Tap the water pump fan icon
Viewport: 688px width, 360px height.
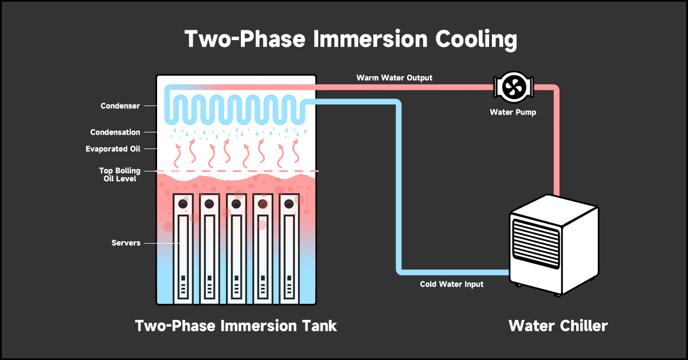click(x=513, y=87)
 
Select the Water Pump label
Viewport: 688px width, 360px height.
click(x=513, y=112)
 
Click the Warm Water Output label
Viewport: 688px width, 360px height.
click(x=394, y=77)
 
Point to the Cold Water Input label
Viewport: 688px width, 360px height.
click(x=451, y=284)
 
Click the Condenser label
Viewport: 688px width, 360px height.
click(x=120, y=106)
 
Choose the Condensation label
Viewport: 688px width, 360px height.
click(x=115, y=132)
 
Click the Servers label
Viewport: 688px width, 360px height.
click(x=126, y=243)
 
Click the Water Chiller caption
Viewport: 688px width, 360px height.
click(x=558, y=326)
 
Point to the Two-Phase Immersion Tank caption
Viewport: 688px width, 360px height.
click(x=236, y=326)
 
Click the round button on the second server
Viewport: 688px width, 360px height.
click(x=209, y=204)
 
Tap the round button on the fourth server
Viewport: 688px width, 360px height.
click(x=263, y=204)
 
